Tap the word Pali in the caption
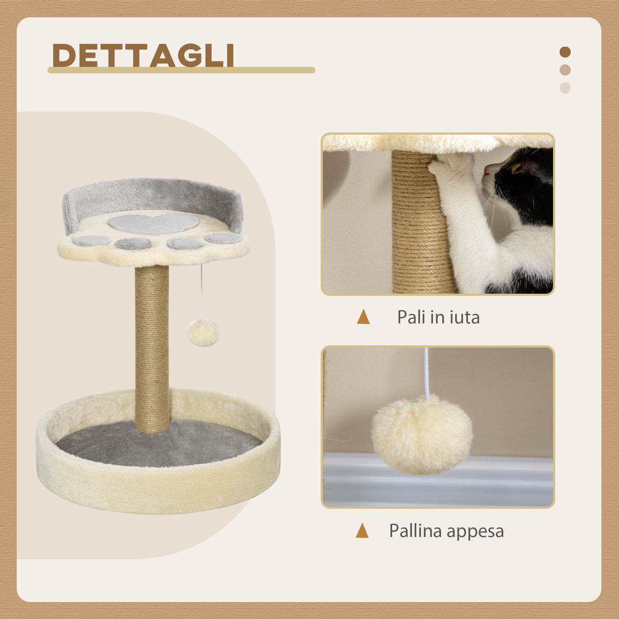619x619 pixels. click(411, 317)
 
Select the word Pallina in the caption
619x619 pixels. click(416, 531)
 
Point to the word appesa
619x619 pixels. click(475, 532)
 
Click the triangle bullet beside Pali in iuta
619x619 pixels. click(363, 317)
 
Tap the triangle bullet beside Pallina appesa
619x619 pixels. click(362, 531)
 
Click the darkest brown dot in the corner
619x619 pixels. click(565, 52)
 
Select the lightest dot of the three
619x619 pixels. click(565, 88)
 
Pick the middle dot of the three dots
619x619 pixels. click(565, 70)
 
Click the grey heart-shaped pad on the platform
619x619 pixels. click(153, 223)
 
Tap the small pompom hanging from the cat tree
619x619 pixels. click(202, 333)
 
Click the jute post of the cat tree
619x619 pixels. click(152, 347)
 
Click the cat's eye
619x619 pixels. click(517, 168)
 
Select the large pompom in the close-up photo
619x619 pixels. click(422, 434)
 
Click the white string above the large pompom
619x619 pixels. click(426, 372)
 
